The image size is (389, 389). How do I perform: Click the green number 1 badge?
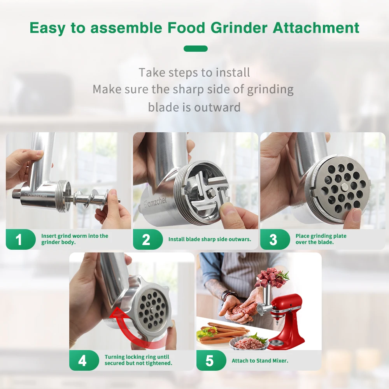click(x=19, y=239)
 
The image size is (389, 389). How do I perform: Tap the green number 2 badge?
click(x=146, y=239)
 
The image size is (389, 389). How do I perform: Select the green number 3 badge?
click(x=273, y=239)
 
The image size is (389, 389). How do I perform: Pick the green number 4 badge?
click(x=82, y=360)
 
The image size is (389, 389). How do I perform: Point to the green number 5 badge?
click(x=210, y=360)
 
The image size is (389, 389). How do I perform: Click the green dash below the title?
click(x=195, y=49)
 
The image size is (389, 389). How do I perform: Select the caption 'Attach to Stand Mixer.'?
click(x=260, y=361)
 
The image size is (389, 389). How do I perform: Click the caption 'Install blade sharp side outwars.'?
click(x=210, y=239)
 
